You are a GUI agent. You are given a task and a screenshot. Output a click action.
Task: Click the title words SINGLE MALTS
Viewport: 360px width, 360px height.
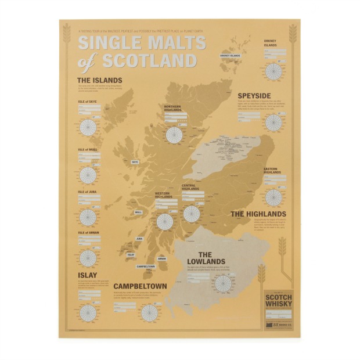(142, 44)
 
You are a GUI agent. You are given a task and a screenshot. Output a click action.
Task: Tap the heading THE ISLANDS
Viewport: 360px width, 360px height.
(100, 80)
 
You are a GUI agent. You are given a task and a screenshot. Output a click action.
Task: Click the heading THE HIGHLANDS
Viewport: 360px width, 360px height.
(258, 214)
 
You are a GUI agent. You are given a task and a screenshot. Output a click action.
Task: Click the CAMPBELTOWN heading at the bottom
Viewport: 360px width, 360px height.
(140, 286)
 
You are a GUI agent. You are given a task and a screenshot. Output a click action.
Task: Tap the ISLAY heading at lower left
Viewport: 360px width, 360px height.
(87, 275)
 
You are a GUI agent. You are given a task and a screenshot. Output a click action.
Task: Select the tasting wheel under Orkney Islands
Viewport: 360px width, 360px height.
(272, 71)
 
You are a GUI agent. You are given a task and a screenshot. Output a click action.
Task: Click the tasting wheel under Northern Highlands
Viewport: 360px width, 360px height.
(174, 135)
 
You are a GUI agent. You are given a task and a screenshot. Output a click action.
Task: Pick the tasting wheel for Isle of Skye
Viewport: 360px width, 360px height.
(88, 127)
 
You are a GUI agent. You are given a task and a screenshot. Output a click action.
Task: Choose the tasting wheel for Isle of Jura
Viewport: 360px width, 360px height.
(88, 216)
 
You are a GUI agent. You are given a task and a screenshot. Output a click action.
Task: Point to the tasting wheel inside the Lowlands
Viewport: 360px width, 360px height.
(222, 283)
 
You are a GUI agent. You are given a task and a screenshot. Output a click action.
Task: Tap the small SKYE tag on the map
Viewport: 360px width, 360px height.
(135, 162)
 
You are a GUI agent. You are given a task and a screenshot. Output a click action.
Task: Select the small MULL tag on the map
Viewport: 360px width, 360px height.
(138, 212)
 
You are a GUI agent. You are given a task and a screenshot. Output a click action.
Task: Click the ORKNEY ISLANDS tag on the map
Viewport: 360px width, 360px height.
(230, 56)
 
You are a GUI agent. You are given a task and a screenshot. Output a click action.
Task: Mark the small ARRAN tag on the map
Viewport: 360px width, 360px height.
(161, 259)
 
